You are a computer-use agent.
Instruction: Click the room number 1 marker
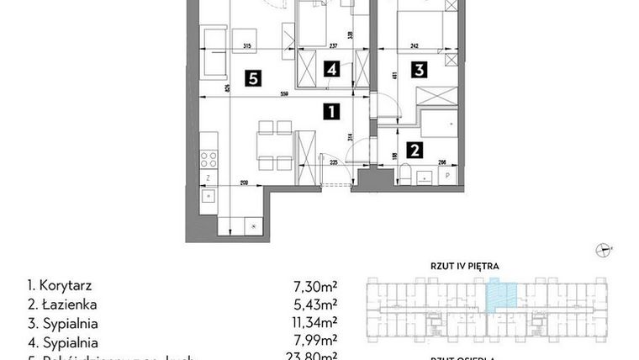pyautogui.click(x=333, y=109)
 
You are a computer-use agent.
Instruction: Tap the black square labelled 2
pyautogui.click(x=414, y=151)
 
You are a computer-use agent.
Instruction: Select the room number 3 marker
pyautogui.click(x=419, y=71)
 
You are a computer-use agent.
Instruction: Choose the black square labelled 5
pyautogui.click(x=251, y=78)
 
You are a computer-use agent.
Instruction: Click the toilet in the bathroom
pyautogui.click(x=405, y=174)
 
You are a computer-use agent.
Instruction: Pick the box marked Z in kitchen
pyautogui.click(x=207, y=177)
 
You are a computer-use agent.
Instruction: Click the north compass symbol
pyautogui.click(x=603, y=247)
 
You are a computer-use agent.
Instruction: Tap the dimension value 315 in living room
pyautogui.click(x=247, y=47)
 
